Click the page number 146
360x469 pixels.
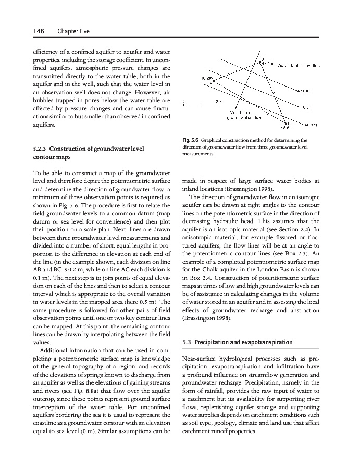pyautogui.click(x=21, y=32)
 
